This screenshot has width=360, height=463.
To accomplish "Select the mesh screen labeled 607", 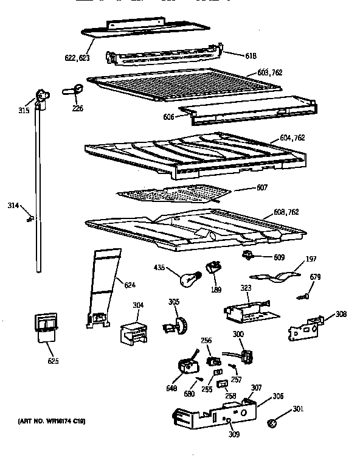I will (x=173, y=194).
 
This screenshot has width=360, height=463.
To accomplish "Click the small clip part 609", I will (x=248, y=254).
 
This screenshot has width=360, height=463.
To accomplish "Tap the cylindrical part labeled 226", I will (x=72, y=91).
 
